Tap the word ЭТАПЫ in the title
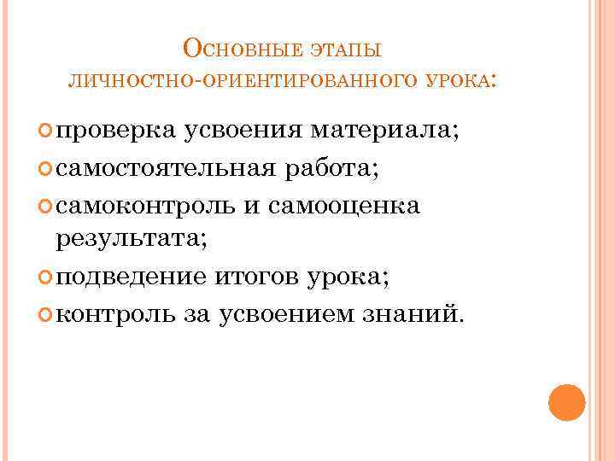tap(350, 50)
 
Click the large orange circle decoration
tap(566, 402)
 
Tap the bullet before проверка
tap(45, 131)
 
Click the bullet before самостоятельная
tap(45, 169)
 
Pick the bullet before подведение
tap(45, 278)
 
